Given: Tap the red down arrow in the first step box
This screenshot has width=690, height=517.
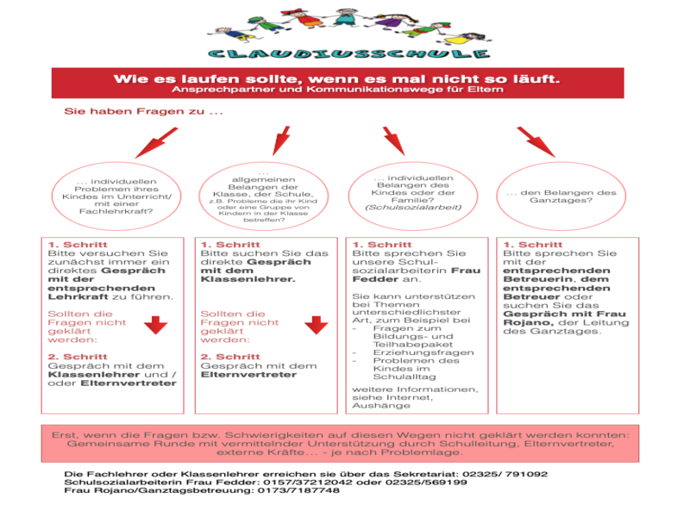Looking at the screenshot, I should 155,325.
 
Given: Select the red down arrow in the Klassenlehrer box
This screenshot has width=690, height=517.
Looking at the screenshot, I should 317,325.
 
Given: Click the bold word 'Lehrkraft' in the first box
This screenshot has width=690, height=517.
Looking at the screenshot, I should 72,296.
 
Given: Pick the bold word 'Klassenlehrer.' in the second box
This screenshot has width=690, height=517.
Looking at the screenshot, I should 248,280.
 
